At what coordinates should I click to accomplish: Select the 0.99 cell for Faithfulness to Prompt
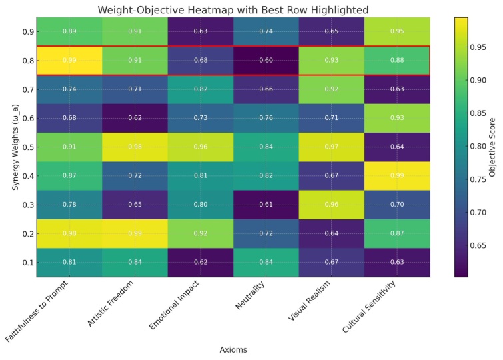pos(69,61)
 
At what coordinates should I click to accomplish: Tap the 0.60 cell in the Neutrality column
pos(266,61)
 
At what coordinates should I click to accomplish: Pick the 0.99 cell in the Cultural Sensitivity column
pos(397,175)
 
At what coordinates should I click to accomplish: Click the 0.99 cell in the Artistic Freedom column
pos(135,233)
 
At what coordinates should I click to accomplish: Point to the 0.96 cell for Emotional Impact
pos(201,147)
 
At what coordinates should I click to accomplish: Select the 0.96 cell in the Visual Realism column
pos(332,204)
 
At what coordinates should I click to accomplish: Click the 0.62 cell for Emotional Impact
pos(201,261)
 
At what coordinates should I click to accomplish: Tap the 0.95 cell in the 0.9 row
pos(397,32)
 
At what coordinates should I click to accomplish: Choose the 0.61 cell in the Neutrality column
pos(266,204)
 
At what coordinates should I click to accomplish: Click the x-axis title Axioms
pos(233,349)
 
